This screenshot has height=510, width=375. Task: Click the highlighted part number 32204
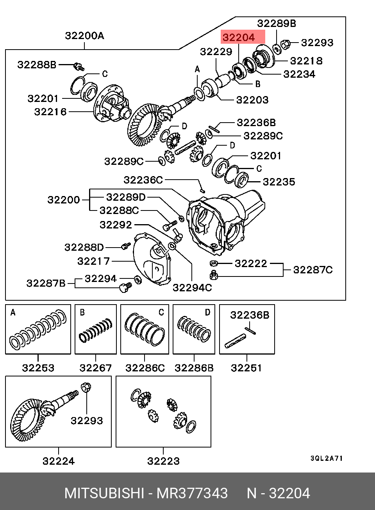(239, 37)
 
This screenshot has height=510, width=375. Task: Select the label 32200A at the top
(84, 36)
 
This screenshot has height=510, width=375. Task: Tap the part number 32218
(306, 61)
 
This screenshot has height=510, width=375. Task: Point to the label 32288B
(37, 65)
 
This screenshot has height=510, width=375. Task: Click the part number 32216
(50, 112)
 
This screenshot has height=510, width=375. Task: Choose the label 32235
(279, 182)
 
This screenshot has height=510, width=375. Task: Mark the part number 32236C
(143, 180)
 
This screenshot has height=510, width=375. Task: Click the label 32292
(116, 225)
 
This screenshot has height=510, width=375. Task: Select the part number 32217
(94, 261)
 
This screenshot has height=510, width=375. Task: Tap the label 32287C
(313, 270)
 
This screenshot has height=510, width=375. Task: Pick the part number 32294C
(192, 288)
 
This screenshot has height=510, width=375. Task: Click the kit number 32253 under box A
(38, 368)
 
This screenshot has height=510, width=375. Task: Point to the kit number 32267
(96, 368)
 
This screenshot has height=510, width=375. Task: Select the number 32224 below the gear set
(59, 461)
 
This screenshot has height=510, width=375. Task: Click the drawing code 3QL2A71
(327, 458)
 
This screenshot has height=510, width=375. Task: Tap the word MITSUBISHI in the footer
(104, 493)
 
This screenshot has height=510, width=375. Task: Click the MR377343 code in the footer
(192, 493)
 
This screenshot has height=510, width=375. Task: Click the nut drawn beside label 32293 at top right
(285, 45)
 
